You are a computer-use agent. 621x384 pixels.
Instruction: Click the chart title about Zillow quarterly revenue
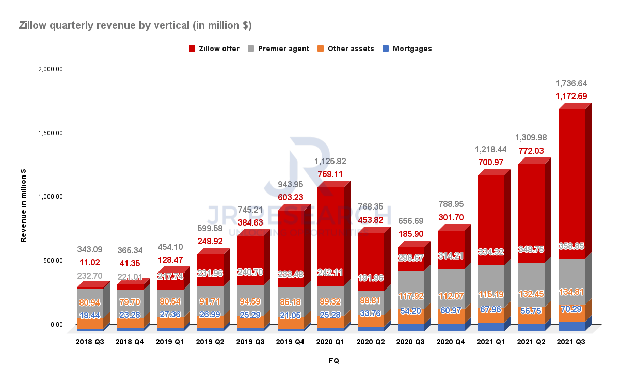click(x=135, y=25)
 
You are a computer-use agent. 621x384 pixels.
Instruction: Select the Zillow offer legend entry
click(x=214, y=49)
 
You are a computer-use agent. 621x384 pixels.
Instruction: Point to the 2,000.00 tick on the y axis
click(x=49, y=69)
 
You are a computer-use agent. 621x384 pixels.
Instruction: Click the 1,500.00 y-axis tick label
click(x=49, y=133)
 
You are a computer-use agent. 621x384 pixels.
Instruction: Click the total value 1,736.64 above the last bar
click(x=571, y=83)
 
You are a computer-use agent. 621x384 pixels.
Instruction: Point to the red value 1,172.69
click(x=571, y=96)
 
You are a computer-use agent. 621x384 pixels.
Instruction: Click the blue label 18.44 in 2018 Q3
click(x=90, y=316)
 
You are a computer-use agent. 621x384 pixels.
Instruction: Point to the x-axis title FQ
click(x=333, y=361)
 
